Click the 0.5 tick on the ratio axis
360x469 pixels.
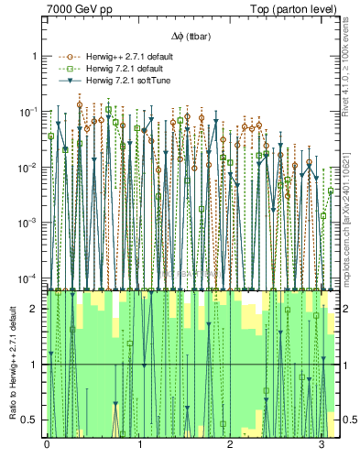point(30,420)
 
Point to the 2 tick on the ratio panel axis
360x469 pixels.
point(34,309)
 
